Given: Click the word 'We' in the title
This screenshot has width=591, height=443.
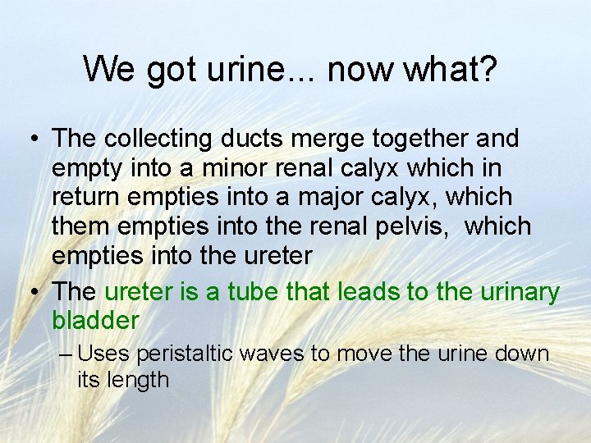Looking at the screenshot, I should pyautogui.click(x=110, y=70).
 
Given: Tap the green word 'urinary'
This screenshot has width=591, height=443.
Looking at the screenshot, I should pyautogui.click(x=517, y=292).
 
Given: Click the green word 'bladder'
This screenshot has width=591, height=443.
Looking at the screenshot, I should pyautogui.click(x=96, y=319).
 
